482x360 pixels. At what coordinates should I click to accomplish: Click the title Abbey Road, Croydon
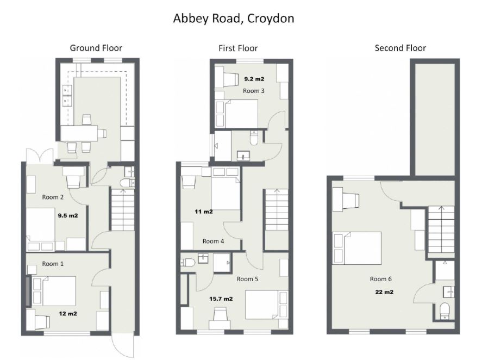click(234, 18)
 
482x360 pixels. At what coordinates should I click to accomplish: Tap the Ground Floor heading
click(96, 48)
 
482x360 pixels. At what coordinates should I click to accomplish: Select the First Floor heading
click(238, 48)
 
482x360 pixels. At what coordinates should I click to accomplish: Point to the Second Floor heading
click(400, 48)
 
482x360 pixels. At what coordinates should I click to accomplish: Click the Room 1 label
click(53, 264)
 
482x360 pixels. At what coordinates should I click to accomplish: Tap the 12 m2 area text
click(68, 314)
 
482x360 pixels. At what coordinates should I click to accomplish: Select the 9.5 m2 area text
click(68, 215)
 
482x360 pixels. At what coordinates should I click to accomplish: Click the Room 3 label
click(254, 91)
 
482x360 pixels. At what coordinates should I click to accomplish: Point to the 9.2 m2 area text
click(254, 79)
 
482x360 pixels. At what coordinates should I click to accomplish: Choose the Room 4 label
click(214, 241)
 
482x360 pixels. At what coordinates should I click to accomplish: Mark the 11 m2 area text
click(204, 212)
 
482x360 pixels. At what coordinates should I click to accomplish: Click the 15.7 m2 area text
click(221, 299)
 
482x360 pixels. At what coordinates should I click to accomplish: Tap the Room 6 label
click(381, 279)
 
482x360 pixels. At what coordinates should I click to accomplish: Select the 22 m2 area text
click(384, 292)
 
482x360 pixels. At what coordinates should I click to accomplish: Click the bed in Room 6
click(357, 249)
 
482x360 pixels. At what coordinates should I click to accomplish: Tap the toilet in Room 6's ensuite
click(445, 311)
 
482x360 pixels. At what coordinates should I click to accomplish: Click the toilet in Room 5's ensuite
click(187, 263)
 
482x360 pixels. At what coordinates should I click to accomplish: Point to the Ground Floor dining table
click(79, 133)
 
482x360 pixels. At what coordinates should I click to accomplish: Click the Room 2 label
click(53, 197)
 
